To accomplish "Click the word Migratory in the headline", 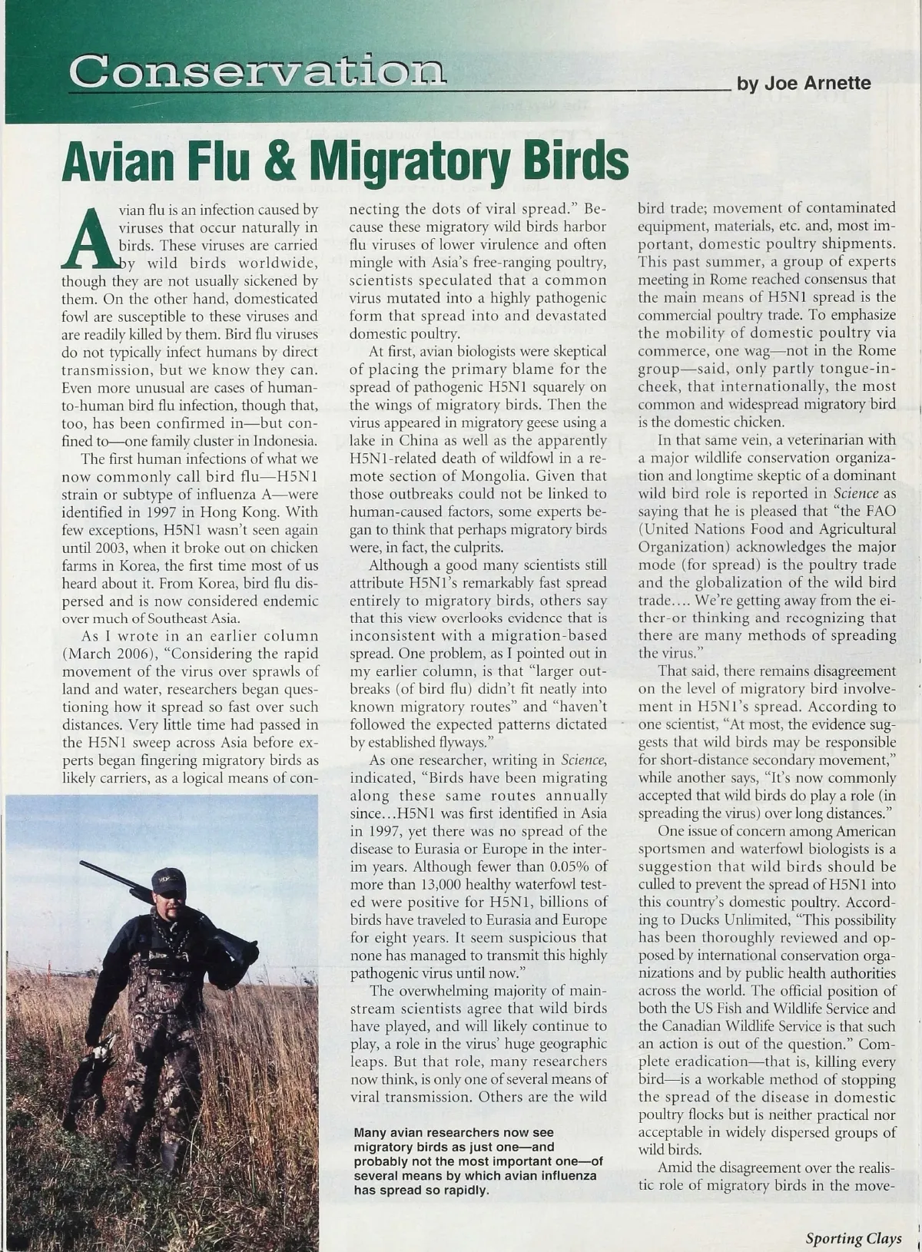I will point(406,159).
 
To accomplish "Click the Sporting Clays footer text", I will point(853,1238).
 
